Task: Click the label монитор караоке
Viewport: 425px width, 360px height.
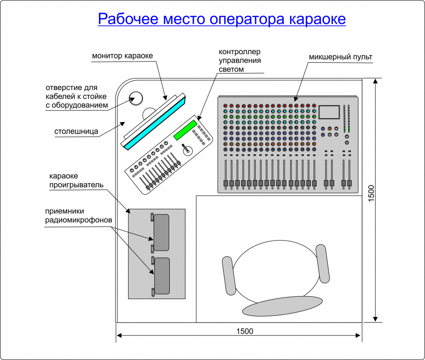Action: [123, 56]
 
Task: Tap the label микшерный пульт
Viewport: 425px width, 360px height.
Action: [340, 57]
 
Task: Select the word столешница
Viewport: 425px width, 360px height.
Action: [76, 132]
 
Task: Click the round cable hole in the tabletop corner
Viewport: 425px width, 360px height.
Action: [135, 98]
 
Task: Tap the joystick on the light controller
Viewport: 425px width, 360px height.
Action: [187, 149]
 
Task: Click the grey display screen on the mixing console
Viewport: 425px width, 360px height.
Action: [329, 113]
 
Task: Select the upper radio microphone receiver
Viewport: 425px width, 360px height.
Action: [161, 233]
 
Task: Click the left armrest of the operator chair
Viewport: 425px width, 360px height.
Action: [229, 275]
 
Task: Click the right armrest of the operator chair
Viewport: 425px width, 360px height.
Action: [322, 264]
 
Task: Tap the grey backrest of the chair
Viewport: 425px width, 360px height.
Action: [282, 306]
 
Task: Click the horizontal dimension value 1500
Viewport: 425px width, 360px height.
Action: [244, 331]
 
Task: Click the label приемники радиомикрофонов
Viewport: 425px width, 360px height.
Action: [78, 216]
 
